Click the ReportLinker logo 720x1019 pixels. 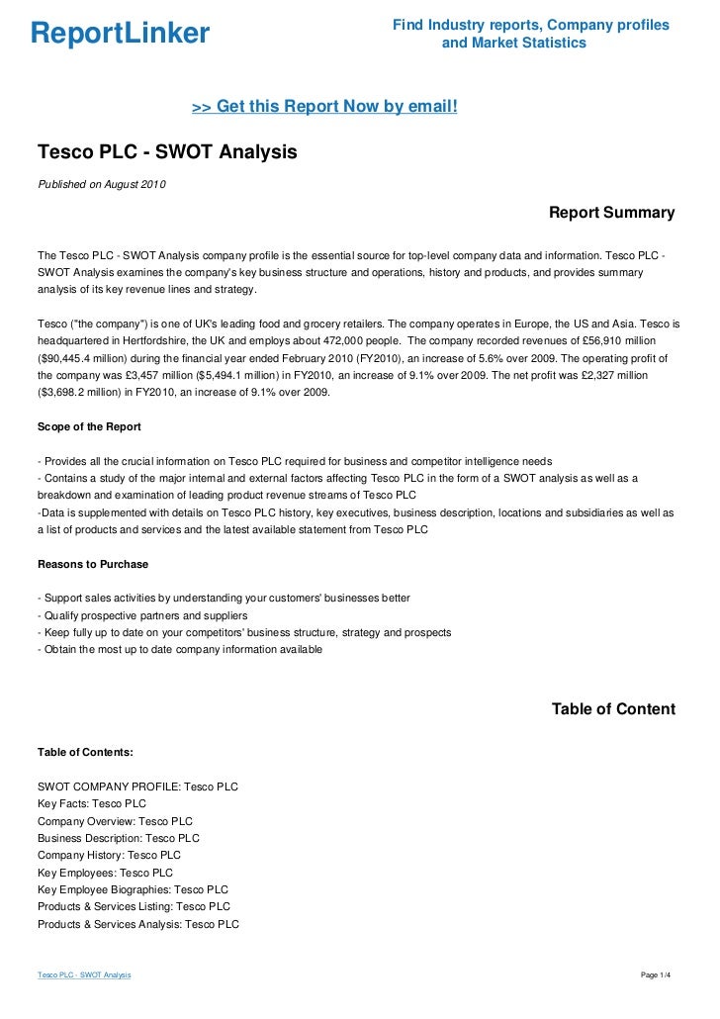tap(120, 34)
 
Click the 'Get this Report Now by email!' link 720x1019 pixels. tap(324, 107)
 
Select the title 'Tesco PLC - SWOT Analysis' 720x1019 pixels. tap(167, 153)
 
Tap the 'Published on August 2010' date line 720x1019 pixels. tap(102, 185)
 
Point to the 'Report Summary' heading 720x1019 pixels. tap(611, 213)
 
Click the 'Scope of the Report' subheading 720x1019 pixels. tap(89, 426)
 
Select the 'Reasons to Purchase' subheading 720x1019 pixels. tap(93, 564)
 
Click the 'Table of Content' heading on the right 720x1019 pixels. tap(613, 709)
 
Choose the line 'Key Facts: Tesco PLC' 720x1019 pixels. tap(92, 803)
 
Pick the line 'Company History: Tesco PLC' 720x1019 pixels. tap(109, 855)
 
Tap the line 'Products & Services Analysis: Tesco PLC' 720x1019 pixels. tap(138, 924)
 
